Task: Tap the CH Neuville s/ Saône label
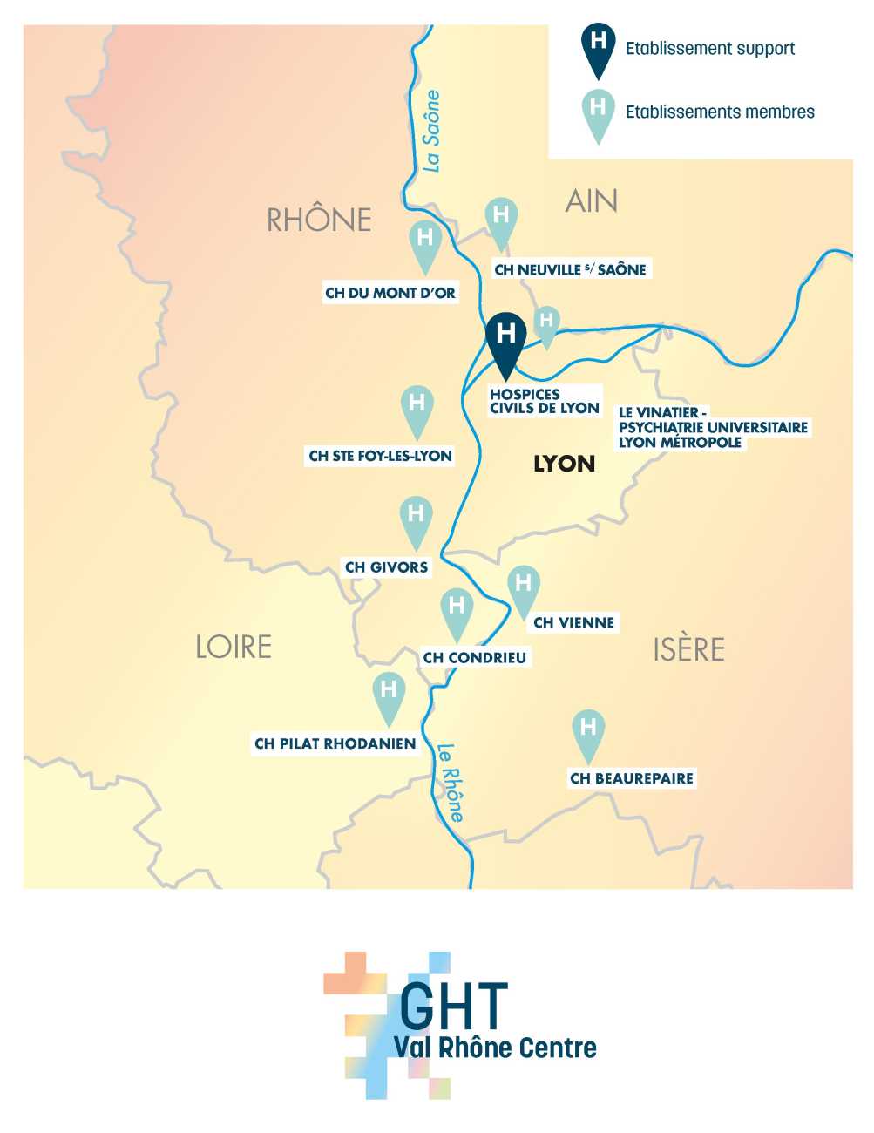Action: click(570, 270)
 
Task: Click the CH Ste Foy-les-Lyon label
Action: click(380, 456)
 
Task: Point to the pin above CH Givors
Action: click(416, 518)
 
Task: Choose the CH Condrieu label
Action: click(474, 658)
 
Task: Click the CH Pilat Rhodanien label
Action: click(335, 744)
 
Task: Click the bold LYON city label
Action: click(564, 464)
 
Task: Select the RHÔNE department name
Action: click(319, 220)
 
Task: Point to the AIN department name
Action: click(592, 201)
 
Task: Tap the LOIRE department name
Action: click(234, 647)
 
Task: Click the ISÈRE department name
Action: click(688, 649)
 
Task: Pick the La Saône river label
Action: click(430, 131)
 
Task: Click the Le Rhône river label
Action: click(451, 782)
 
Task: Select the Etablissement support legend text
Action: click(710, 49)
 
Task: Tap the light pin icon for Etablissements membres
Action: click(598, 113)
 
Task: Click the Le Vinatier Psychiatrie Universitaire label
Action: click(713, 427)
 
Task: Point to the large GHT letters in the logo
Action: click(453, 1006)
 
